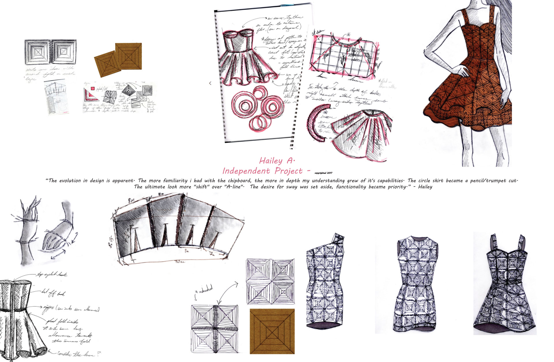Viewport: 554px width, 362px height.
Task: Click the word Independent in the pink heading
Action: point(246,171)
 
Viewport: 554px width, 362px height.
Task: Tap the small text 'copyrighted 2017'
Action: point(323,173)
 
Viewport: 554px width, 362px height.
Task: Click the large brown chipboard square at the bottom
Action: point(272,331)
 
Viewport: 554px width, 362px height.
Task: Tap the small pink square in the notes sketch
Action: point(93,89)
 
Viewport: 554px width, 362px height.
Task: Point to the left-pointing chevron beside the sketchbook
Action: point(210,83)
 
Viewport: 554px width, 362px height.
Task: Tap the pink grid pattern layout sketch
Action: point(343,55)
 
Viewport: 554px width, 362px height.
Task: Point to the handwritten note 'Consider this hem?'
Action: point(78,354)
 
